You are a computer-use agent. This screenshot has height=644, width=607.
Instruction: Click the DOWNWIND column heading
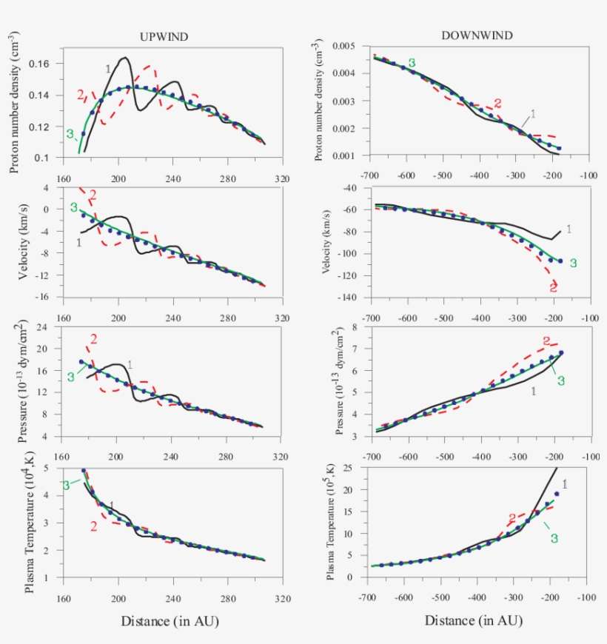pyautogui.click(x=477, y=35)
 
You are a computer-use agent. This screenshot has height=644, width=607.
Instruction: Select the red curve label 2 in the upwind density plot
pyautogui.click(x=80, y=94)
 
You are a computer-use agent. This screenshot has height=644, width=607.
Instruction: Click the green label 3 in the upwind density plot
pyautogui.click(x=70, y=134)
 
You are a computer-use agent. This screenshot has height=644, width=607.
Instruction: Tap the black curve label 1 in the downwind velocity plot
pyautogui.click(x=569, y=229)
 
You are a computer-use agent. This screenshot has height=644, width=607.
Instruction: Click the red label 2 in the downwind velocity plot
pyautogui.click(x=553, y=286)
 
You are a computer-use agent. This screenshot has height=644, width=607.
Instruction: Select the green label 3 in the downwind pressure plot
pyautogui.click(x=561, y=380)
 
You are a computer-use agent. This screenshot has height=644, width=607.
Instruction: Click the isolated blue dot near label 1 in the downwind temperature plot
pyautogui.click(x=556, y=494)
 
